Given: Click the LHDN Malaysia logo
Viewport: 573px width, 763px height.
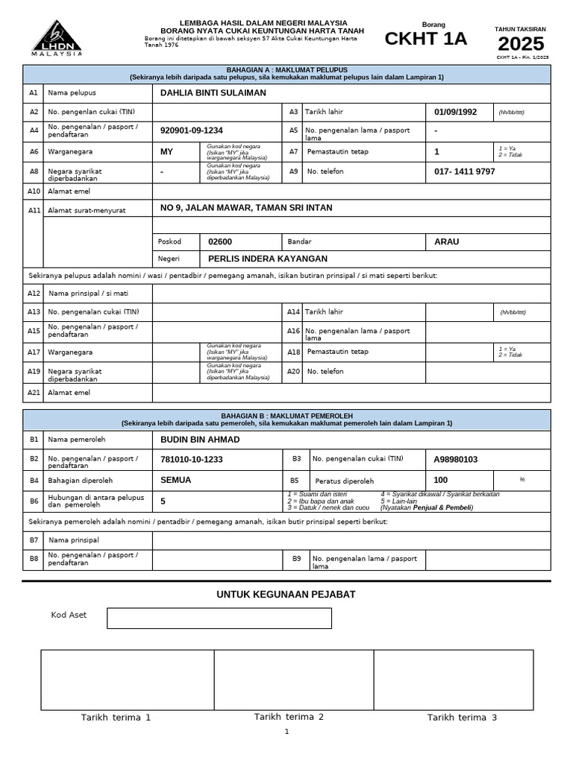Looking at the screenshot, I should pos(57,38).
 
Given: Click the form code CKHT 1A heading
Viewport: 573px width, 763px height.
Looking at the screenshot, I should pos(425,39).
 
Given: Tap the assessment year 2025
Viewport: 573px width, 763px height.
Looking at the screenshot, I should pos(521,44).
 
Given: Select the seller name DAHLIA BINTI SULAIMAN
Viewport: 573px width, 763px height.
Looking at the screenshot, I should pos(213,93).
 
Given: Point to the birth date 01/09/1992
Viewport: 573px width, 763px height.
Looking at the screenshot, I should pos(455,112).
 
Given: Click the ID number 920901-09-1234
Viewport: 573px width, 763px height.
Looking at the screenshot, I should pos(192,130).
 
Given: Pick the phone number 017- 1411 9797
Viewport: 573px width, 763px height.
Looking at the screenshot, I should pos(464,171).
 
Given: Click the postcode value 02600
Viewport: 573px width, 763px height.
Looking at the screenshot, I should pos(220,241).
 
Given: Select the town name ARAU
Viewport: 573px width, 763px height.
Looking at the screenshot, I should pos(447,241).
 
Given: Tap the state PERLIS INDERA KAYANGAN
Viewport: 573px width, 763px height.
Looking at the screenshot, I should pos(267,259).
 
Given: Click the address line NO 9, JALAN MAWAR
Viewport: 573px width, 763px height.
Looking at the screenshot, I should pos(246,208).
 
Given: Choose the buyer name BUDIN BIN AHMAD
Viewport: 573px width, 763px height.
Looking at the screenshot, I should pos(200,440).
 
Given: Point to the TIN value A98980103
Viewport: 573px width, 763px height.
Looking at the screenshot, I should pos(456,460).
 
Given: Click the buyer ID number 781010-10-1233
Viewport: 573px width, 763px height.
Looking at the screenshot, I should pos(192,460).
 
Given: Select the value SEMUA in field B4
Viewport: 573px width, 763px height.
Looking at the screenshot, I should pos(176,481).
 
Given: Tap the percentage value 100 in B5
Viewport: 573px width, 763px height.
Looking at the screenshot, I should pos(441,481).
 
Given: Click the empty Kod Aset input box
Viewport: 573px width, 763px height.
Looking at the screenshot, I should pos(219,618).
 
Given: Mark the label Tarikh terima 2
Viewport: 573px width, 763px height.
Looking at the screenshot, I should pos(289,717).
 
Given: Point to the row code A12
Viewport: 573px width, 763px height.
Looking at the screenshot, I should pos(34,294).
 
